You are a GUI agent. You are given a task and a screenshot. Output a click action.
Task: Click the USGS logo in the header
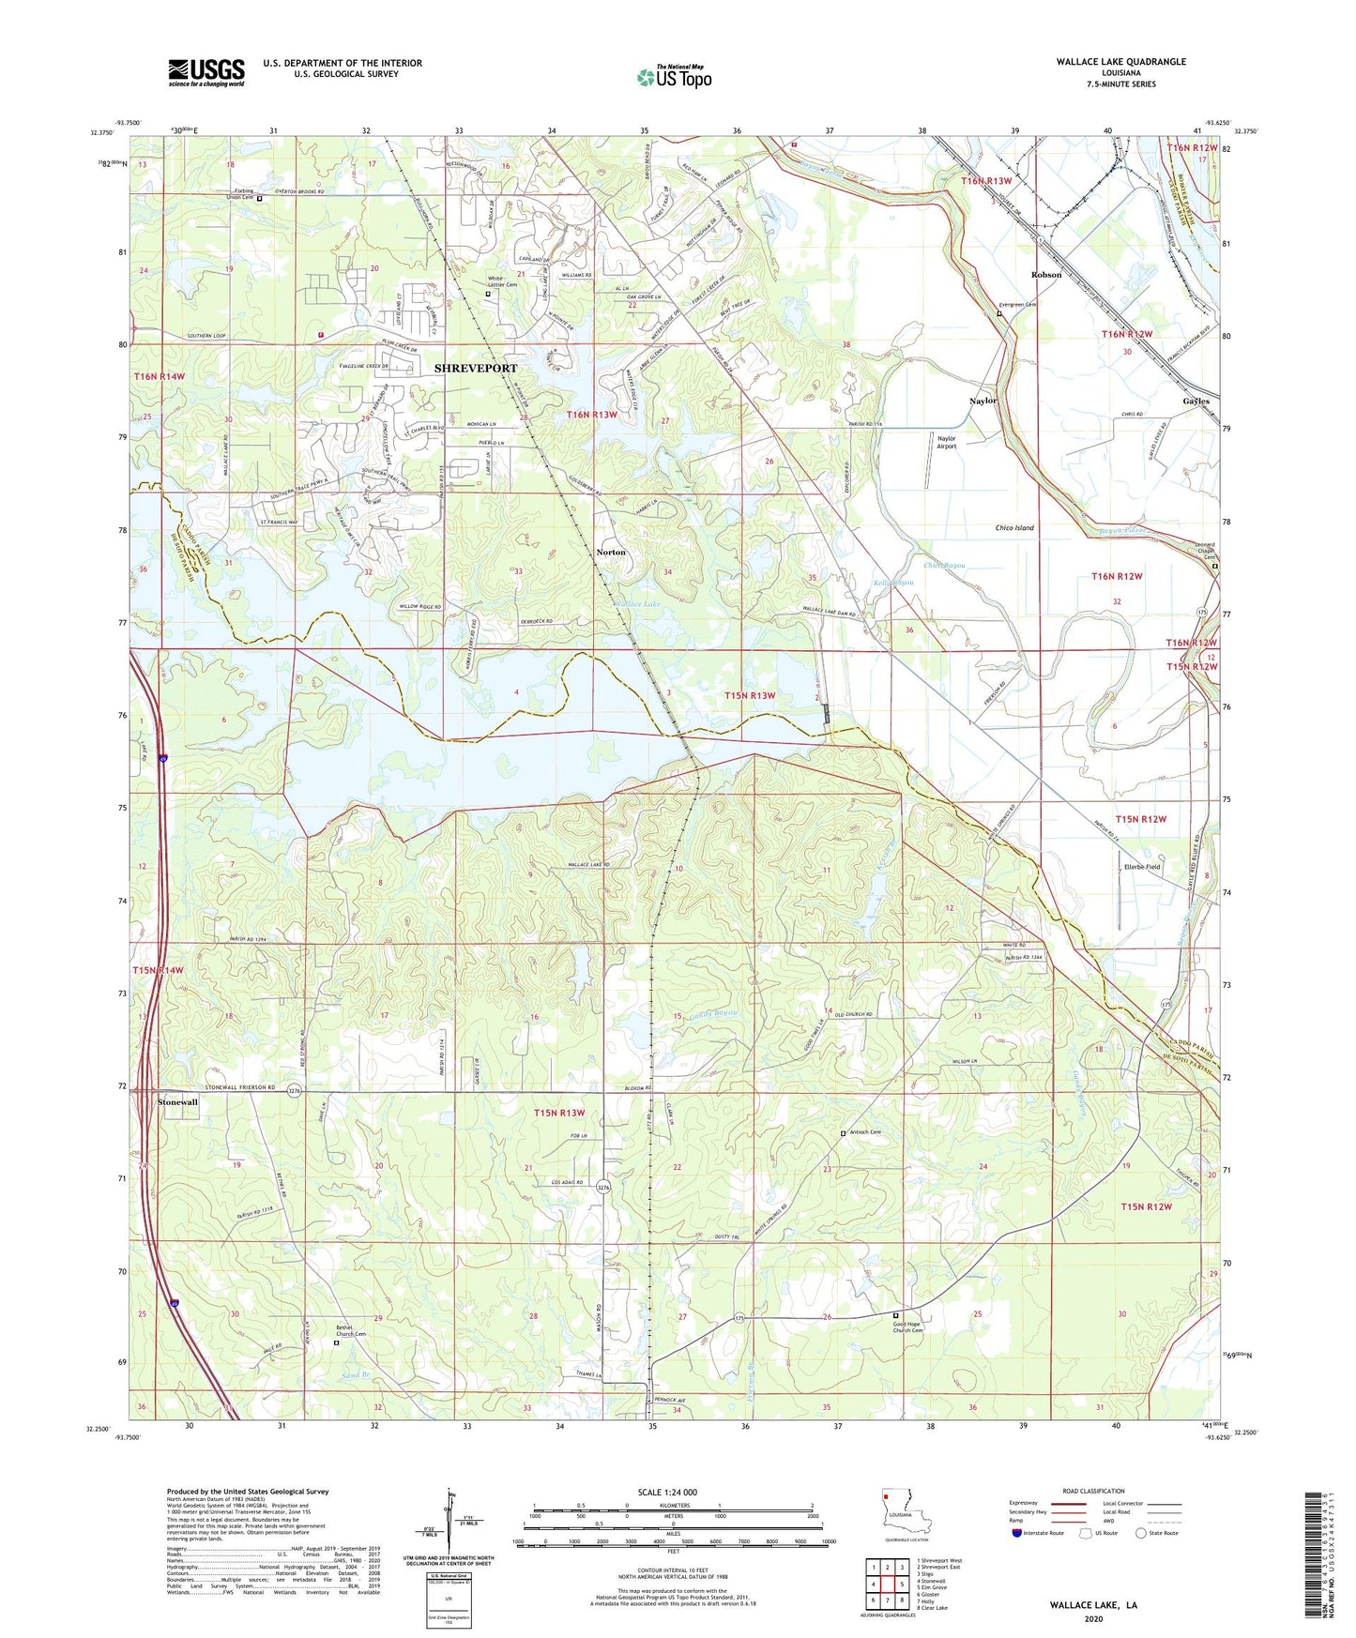click(x=206, y=72)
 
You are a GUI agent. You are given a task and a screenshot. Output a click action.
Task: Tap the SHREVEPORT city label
click(x=475, y=369)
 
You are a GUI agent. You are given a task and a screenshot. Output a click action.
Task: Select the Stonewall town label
click(x=177, y=1102)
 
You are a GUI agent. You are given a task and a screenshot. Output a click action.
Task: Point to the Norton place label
click(x=611, y=553)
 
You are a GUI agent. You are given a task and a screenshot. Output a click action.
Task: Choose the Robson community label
click(x=1046, y=275)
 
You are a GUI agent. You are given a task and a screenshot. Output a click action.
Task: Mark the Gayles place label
click(x=1196, y=401)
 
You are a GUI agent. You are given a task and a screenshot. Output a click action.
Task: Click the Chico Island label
click(x=1014, y=528)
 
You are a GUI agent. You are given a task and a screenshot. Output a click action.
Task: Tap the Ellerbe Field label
click(x=1142, y=867)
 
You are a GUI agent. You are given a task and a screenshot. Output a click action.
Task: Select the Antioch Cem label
click(x=865, y=1133)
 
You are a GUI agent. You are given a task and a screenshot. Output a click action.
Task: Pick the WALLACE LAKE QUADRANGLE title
click(x=1120, y=62)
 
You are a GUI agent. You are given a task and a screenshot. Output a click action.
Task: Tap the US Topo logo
click(x=674, y=78)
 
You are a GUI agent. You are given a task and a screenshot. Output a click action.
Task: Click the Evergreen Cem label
click(x=1018, y=305)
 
